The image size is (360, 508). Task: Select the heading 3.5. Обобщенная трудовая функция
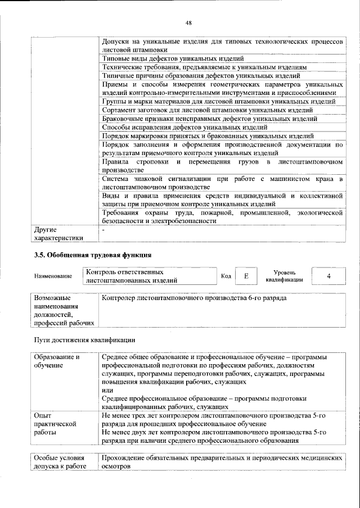point(92,256)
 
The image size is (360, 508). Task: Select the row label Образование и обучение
point(56,361)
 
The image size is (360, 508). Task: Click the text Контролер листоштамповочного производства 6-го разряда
point(194,298)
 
